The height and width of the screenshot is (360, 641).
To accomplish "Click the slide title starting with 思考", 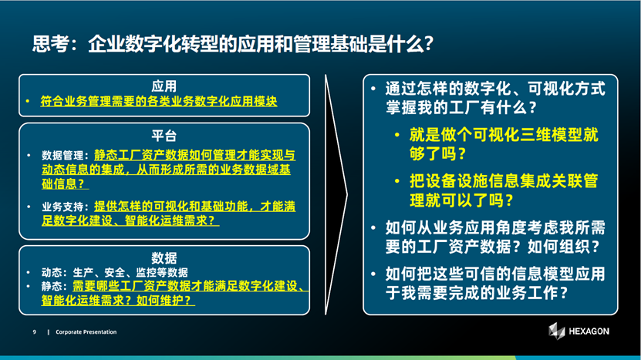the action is coord(233,44).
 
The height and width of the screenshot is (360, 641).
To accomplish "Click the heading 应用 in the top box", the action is coord(164,86).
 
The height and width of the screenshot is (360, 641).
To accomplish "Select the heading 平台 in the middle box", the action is coord(164,136).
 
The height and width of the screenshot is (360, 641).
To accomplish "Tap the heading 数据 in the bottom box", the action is coord(164,257).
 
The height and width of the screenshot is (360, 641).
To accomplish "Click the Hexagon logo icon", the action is coord(556,331).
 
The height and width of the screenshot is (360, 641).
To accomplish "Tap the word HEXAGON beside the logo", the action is coord(589,331).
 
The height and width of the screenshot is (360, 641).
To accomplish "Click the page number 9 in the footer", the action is coord(35,332).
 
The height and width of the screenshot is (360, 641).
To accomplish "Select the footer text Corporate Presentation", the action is coord(86,332).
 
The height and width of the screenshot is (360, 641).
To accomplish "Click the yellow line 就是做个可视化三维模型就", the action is coord(504,134).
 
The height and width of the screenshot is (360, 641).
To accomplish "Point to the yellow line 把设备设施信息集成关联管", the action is coord(504,181).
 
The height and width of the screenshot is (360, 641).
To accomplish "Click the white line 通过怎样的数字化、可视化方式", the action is coord(495,88).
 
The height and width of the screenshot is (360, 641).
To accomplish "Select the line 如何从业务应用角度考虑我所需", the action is coord(495,227).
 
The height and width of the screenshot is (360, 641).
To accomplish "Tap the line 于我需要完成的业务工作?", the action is coord(476,293).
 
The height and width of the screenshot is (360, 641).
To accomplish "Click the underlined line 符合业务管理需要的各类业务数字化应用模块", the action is coord(159,101).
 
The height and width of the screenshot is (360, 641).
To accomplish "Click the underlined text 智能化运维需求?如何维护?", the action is coord(118,301).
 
